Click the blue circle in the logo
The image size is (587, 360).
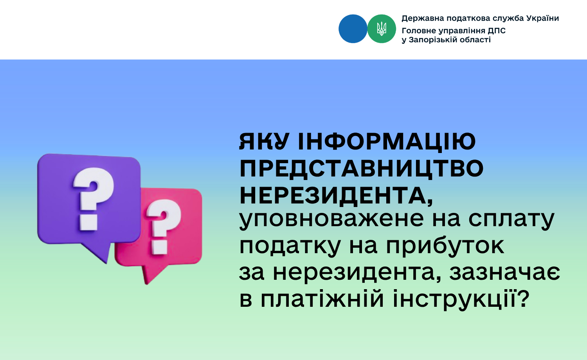point(353,29)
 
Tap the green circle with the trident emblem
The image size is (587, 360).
point(382,29)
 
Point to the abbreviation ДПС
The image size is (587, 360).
point(497,31)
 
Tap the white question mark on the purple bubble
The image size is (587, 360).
point(92,200)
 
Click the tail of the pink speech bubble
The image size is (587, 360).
point(151,274)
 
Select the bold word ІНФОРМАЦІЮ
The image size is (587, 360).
point(387,142)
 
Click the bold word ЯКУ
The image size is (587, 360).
point(264,142)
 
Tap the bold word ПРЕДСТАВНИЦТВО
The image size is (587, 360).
point(361,169)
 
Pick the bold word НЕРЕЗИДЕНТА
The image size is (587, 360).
point(336,196)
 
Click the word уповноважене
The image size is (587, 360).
point(331,220)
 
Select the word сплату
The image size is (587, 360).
point(511,220)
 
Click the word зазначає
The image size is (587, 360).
point(505,273)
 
